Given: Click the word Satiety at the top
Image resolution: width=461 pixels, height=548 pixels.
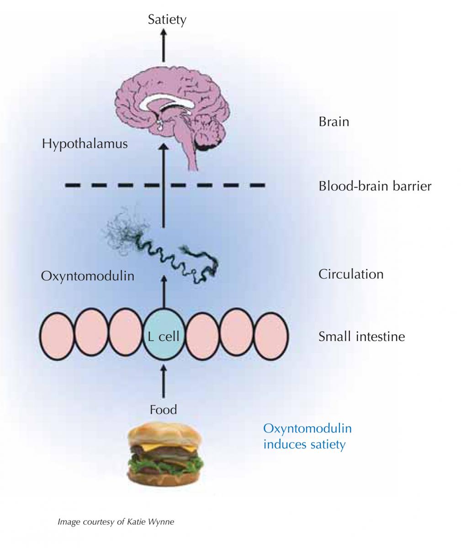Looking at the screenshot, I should click(x=167, y=20).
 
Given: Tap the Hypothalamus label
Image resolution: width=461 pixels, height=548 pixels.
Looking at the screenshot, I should click(x=85, y=144).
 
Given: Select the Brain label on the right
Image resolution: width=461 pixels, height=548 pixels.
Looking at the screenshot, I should click(x=334, y=122).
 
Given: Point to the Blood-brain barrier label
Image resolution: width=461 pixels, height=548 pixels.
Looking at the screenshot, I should click(x=375, y=186).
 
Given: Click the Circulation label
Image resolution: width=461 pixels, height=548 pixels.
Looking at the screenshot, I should click(x=350, y=274).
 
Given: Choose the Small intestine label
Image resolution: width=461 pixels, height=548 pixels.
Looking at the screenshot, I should click(x=361, y=337).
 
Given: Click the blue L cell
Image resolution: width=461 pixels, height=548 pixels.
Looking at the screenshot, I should click(x=163, y=337).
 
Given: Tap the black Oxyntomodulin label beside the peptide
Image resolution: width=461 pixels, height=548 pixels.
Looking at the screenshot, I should click(x=88, y=276).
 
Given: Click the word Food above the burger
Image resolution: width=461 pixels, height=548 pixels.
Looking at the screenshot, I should click(x=163, y=410).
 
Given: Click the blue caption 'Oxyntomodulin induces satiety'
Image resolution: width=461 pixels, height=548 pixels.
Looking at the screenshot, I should click(x=307, y=437).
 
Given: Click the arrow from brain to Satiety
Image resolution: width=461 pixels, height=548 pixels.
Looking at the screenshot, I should click(x=163, y=46).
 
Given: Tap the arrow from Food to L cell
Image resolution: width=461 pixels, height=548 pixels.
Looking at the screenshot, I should click(x=163, y=381).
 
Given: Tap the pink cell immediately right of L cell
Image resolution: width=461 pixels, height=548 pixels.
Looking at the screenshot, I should click(x=203, y=337).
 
